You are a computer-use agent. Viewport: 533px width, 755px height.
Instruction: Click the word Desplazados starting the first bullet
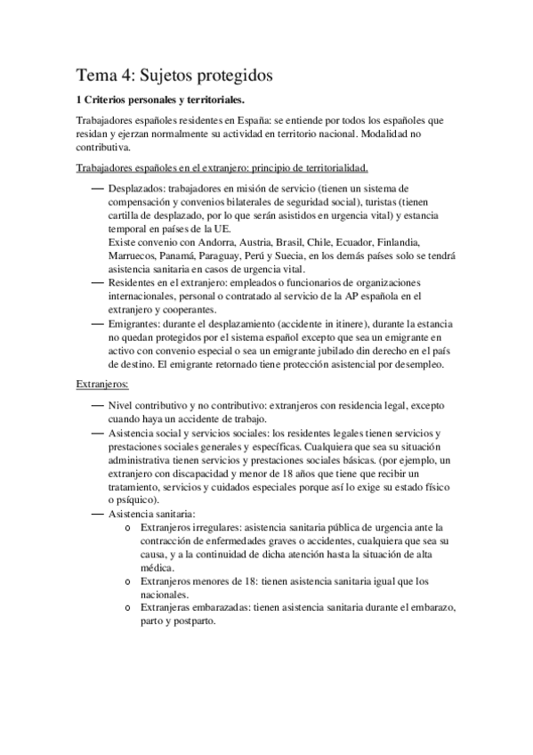[x=138, y=189]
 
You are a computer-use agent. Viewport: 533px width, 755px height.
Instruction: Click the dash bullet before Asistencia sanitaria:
[x=97, y=514]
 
